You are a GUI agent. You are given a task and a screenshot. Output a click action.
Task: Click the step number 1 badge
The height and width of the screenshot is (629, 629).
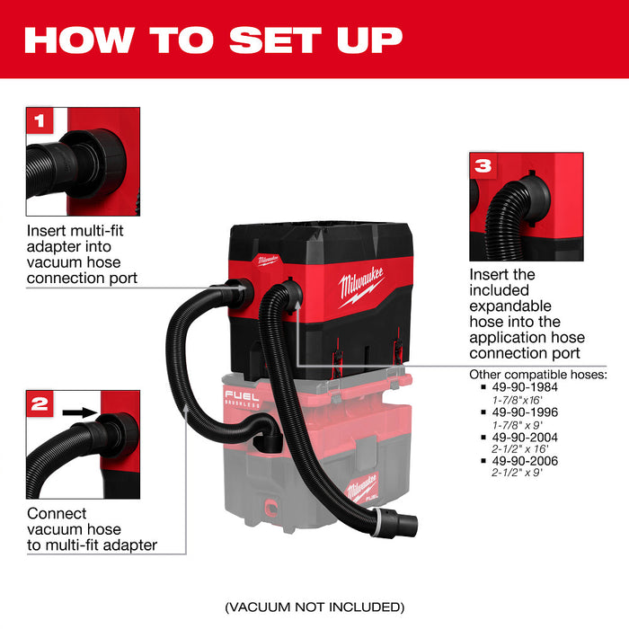[x=39, y=120]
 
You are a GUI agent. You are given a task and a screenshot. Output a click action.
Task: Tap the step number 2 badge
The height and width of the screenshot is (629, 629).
[x=40, y=403]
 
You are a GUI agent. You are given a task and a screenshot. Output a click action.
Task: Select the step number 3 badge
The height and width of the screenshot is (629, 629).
[x=483, y=164]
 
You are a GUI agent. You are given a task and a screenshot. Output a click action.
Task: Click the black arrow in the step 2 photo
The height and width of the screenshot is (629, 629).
[x=79, y=412]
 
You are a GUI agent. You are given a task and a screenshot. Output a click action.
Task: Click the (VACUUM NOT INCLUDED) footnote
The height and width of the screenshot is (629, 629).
[x=314, y=607]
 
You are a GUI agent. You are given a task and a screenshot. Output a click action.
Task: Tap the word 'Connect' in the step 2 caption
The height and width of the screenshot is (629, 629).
[x=57, y=514]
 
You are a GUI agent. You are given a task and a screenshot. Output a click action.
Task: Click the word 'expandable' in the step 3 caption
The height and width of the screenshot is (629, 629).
[x=509, y=306]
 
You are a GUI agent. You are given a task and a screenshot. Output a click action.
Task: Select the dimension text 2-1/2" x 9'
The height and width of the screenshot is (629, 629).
[x=511, y=473]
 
